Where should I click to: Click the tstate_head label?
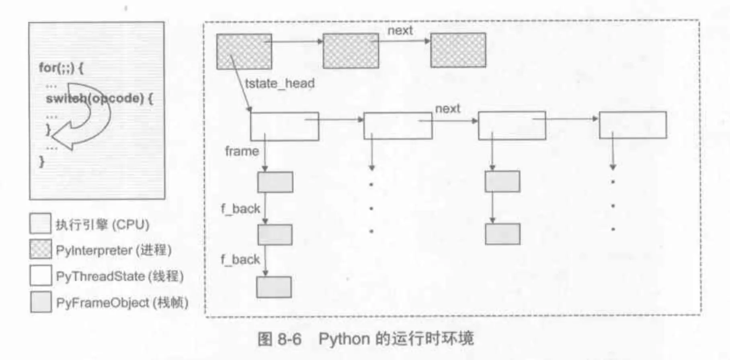[279, 84]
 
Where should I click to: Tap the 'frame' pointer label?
[242, 151]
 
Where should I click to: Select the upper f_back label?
[240, 209]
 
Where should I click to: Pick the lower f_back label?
[240, 260]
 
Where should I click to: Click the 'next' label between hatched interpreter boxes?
[400, 31]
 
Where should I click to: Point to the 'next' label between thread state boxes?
[447, 109]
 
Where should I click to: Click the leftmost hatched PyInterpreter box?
[244, 51]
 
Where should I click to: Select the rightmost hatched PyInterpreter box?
[458, 50]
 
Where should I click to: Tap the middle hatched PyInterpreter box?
[351, 51]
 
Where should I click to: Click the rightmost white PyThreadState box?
[632, 125]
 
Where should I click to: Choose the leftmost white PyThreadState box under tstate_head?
[284, 126]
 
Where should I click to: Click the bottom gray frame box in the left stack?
[274, 287]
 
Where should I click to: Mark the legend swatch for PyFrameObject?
[41, 302]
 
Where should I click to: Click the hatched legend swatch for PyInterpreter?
[41, 250]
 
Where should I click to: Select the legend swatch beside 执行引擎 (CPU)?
[40, 223]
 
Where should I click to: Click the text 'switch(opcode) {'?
[99, 98]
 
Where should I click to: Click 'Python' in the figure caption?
[344, 339]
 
